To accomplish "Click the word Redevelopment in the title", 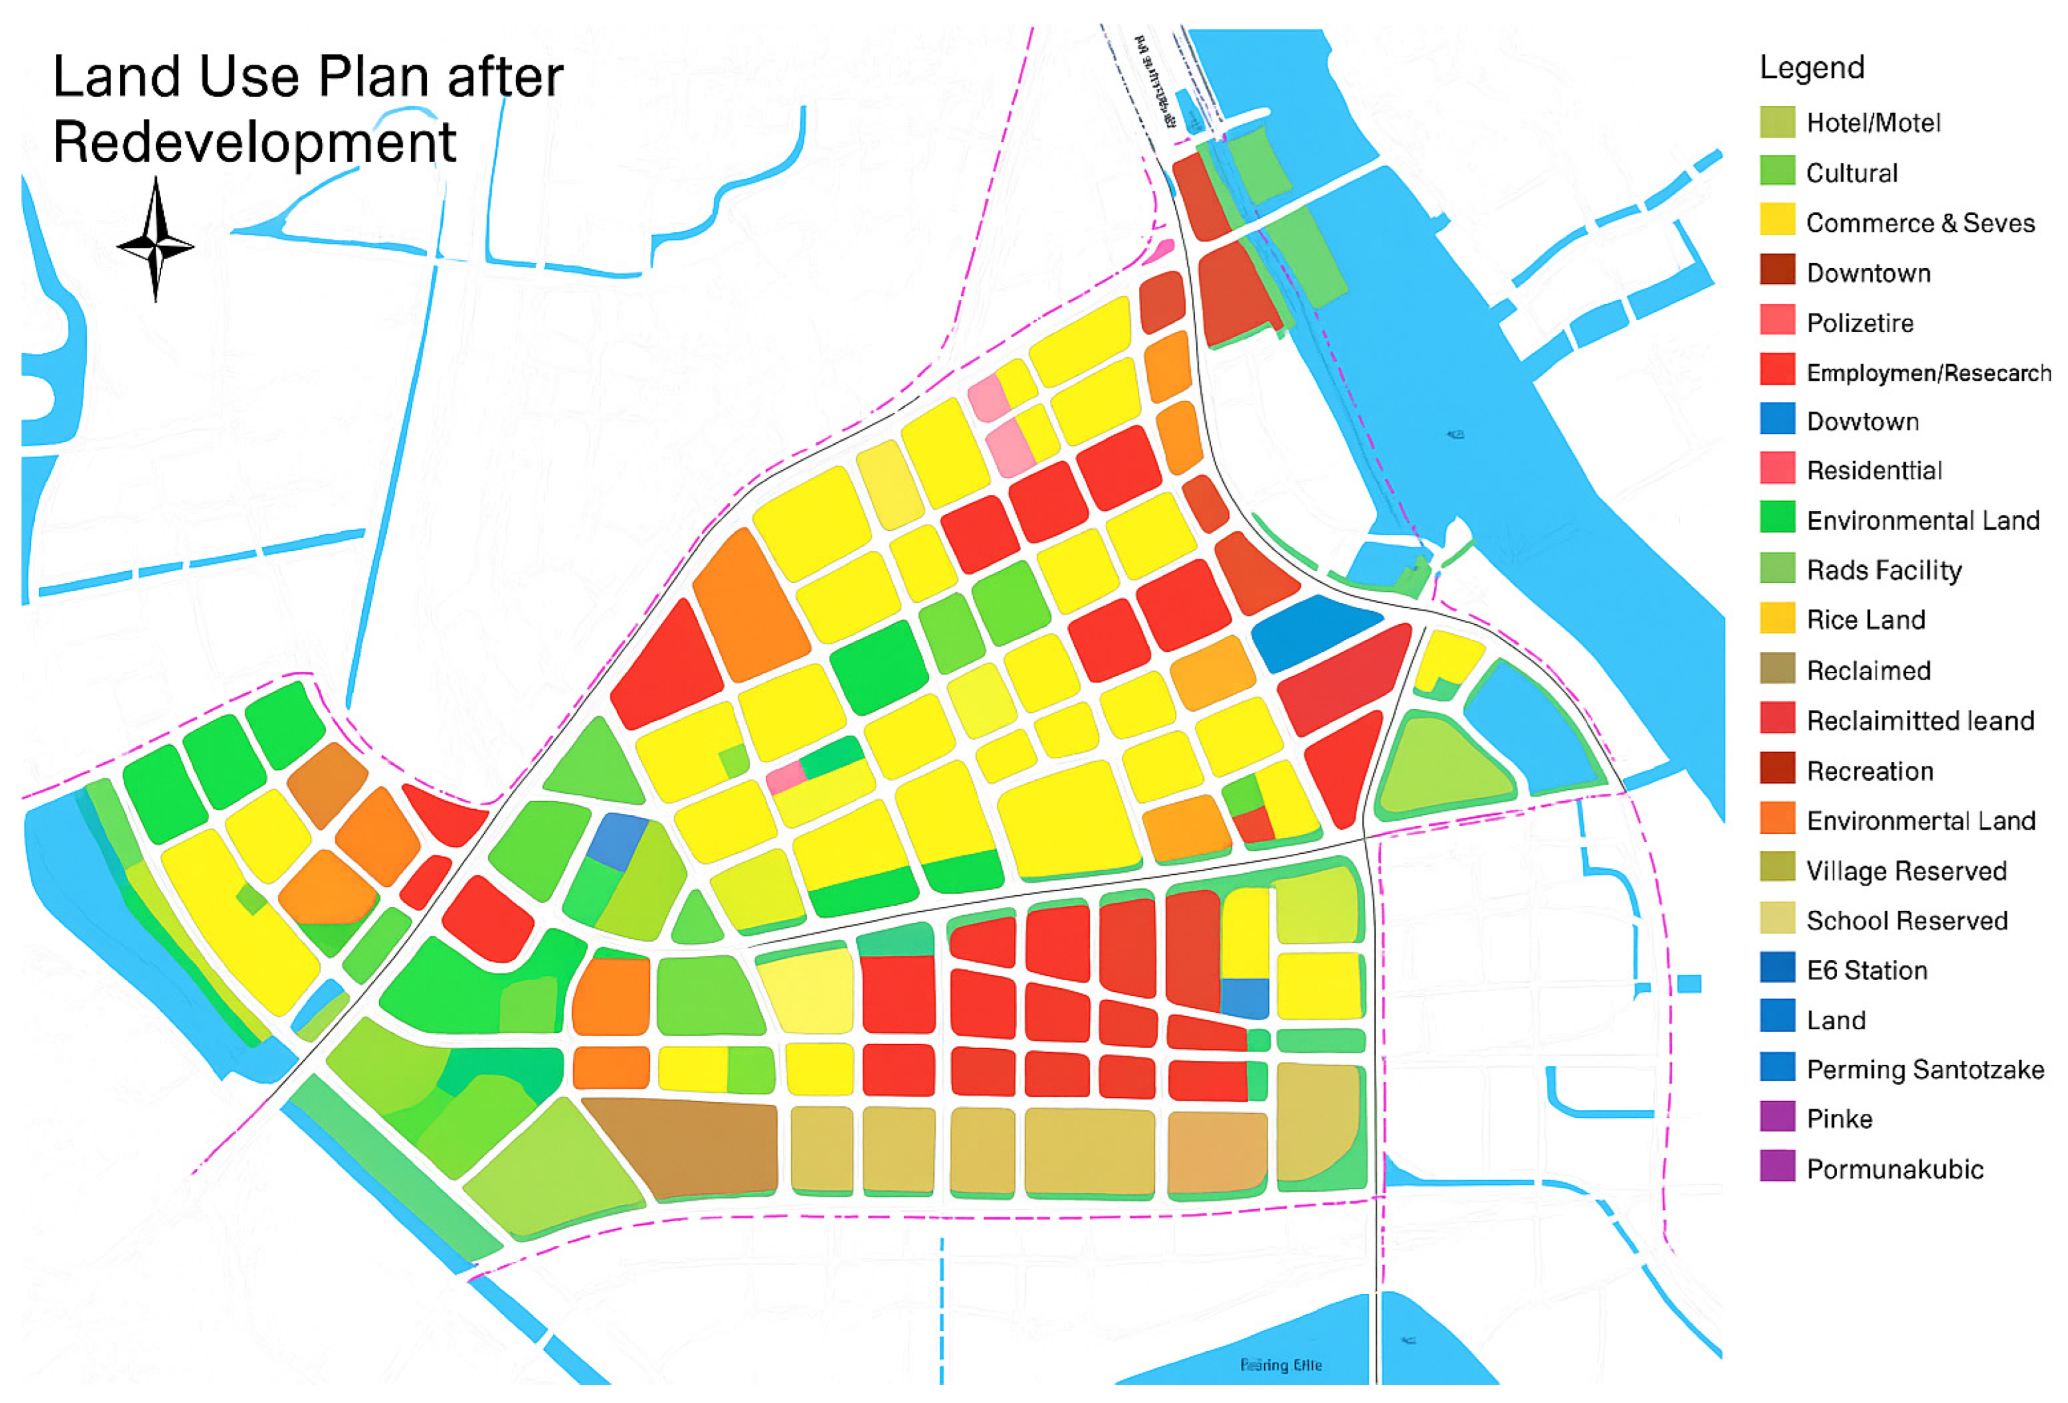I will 254,142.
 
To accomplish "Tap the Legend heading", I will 1812,68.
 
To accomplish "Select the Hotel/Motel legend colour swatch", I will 1777,122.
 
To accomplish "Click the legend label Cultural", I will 1852,173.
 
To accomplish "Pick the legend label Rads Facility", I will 1884,570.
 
